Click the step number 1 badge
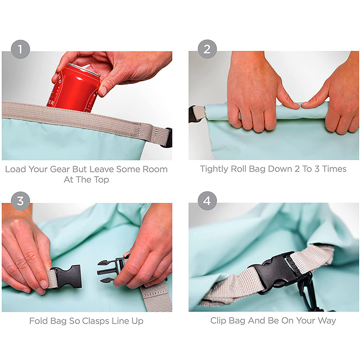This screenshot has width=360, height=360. [20, 50]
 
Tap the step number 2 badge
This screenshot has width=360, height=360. [207, 49]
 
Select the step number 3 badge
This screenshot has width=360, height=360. [20, 201]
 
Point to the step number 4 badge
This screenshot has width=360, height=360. [207, 201]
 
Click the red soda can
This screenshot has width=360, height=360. [73, 89]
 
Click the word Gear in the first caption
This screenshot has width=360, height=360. [60, 169]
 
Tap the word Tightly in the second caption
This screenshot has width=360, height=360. [214, 169]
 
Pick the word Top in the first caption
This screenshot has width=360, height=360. [101, 180]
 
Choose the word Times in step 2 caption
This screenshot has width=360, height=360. [334, 169]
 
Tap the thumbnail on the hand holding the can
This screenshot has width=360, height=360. [103, 91]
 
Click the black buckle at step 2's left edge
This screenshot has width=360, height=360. [193, 114]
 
